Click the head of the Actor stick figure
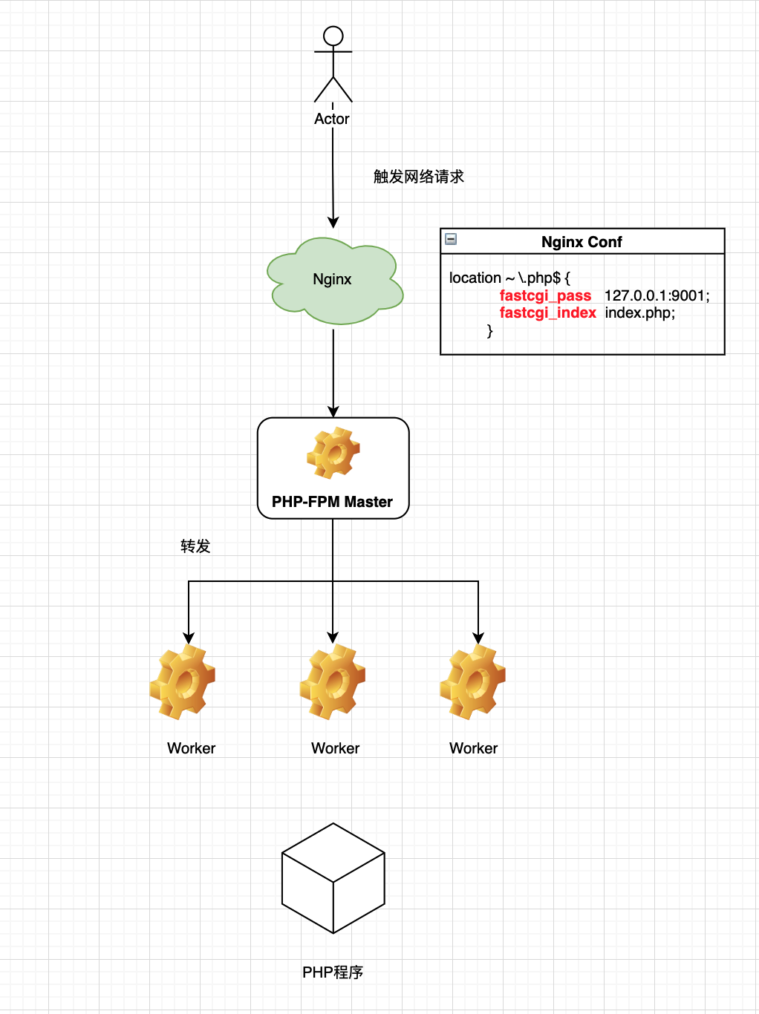pyautogui.click(x=333, y=36)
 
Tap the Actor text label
pyautogui.click(x=332, y=119)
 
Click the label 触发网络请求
pyautogui.click(x=418, y=177)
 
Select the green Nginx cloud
pyautogui.click(x=333, y=281)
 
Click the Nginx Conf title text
pyautogui.click(x=582, y=242)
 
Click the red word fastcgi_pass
pyautogui.click(x=545, y=295)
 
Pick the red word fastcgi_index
pyautogui.click(x=547, y=313)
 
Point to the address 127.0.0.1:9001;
pyautogui.click(x=657, y=295)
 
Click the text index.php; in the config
pyautogui.click(x=639, y=313)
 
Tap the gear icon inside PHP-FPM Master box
pyautogui.click(x=333, y=453)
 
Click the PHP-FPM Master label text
pyautogui.click(x=332, y=502)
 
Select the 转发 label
pyautogui.click(x=195, y=546)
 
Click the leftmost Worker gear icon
pyautogui.click(x=183, y=681)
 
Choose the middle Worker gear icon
pyautogui.click(x=333, y=681)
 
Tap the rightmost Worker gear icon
pyautogui.click(x=473, y=681)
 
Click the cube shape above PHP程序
pyautogui.click(x=333, y=878)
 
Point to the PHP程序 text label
pyautogui.click(x=333, y=972)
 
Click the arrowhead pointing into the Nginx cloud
pyautogui.click(x=333, y=223)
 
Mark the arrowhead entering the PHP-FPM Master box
pyautogui.click(x=333, y=412)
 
